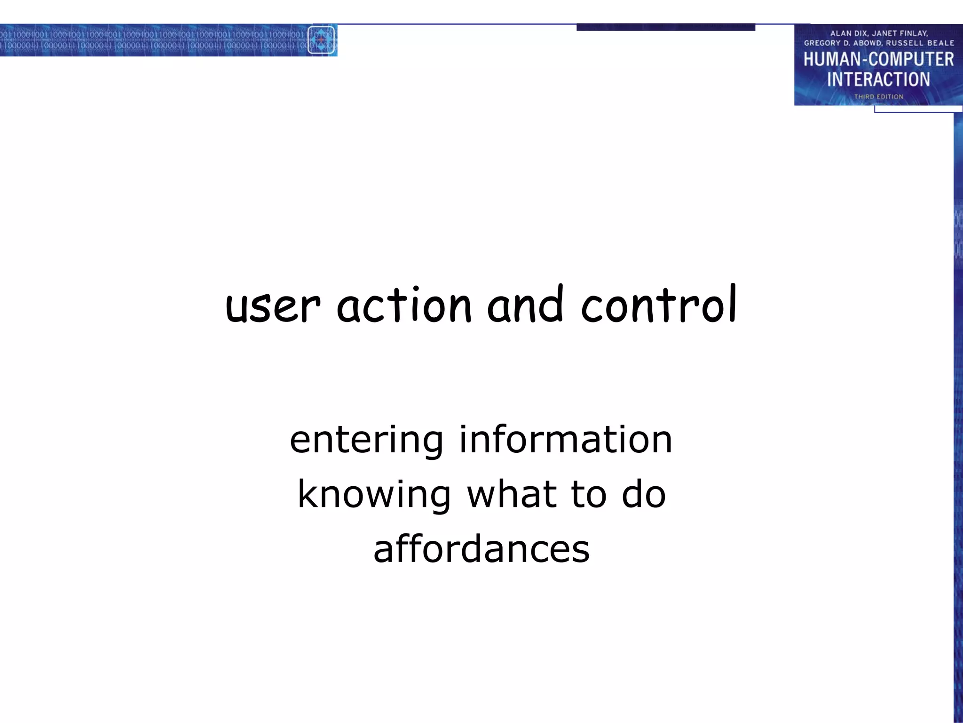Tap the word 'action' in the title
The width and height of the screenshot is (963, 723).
click(404, 306)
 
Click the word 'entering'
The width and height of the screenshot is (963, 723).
click(366, 441)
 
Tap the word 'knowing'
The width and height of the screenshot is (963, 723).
click(374, 495)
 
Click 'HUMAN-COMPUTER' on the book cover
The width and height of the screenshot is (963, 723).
click(878, 60)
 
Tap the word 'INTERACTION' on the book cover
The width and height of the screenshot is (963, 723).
click(878, 80)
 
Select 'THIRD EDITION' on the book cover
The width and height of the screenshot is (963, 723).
click(878, 97)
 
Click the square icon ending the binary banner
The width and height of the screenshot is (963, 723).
click(321, 40)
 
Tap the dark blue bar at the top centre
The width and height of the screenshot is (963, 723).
click(665, 27)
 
